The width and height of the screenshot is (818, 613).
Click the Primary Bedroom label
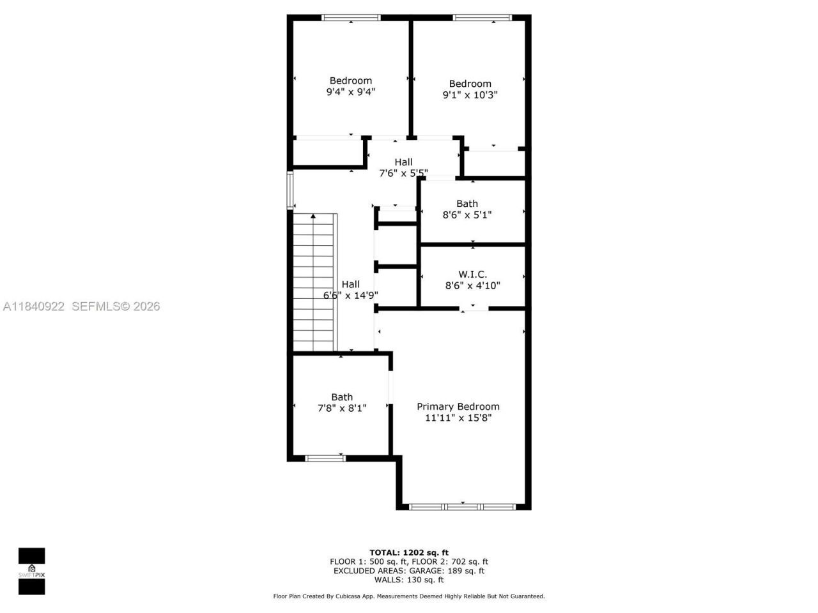click(x=458, y=407)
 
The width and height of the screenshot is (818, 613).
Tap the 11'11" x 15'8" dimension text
click(x=458, y=418)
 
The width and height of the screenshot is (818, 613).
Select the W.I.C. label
click(x=472, y=275)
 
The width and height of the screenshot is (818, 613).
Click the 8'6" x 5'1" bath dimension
click(x=467, y=215)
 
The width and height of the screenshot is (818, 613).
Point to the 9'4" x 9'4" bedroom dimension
click(x=350, y=92)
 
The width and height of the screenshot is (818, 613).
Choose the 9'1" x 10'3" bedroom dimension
click(x=470, y=95)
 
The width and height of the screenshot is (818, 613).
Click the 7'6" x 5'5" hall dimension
click(x=403, y=173)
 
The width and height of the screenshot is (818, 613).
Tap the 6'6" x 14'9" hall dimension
click(x=350, y=296)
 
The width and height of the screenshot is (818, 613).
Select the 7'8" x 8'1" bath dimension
click(x=341, y=408)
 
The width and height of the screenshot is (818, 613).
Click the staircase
click(x=314, y=284)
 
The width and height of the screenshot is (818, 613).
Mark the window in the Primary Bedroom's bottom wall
click(x=462, y=506)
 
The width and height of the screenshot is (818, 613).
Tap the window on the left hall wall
click(x=289, y=190)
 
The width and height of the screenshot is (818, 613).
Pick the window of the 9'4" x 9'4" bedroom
click(x=351, y=18)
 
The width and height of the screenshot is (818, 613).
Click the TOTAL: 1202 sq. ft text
click(x=409, y=552)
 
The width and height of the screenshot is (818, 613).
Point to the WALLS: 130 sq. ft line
click(x=409, y=580)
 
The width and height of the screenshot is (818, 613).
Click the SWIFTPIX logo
click(x=31, y=570)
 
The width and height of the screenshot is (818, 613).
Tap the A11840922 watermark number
click(x=34, y=306)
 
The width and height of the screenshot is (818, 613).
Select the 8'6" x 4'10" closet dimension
click(x=472, y=286)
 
